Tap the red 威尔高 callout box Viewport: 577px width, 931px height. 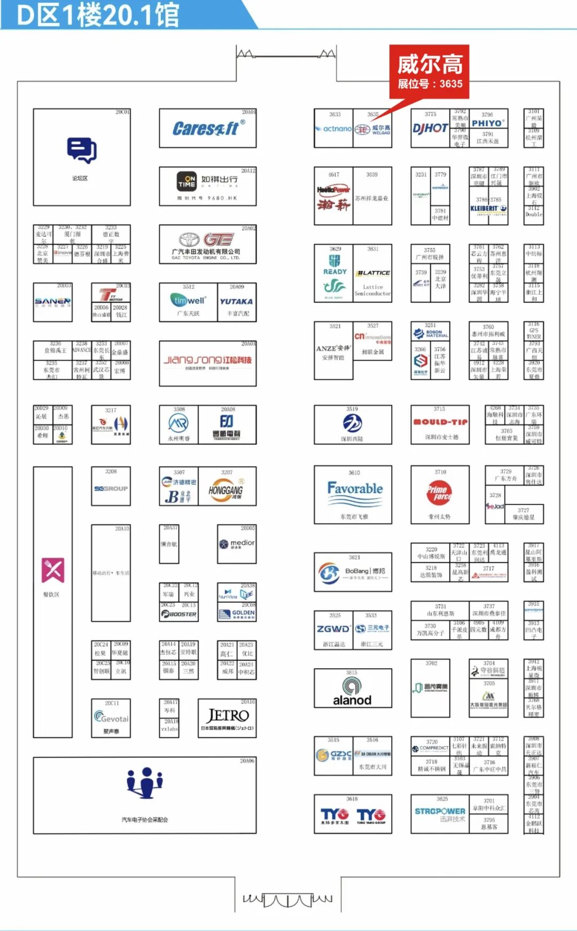pyautogui.click(x=429, y=72)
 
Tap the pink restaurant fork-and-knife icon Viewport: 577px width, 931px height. pyautogui.click(x=53, y=570)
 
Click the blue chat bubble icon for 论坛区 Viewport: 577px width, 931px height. pyautogui.click(x=82, y=150)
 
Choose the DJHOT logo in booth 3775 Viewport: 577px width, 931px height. pyautogui.click(x=430, y=128)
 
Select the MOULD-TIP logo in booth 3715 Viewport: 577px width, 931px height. pyautogui.click(x=440, y=422)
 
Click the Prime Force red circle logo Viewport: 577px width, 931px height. pyautogui.click(x=439, y=492)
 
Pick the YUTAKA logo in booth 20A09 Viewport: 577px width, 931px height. pyautogui.click(x=236, y=301)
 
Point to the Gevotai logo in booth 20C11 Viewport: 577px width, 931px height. pyautogui.click(x=111, y=718)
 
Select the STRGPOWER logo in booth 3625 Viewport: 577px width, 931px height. pyautogui.click(x=440, y=811)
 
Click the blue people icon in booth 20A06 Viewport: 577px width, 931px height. pyautogui.click(x=145, y=783)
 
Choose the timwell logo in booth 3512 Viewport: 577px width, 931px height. pyautogui.click(x=188, y=300)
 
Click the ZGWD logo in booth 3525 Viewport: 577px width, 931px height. pyautogui.click(x=333, y=629)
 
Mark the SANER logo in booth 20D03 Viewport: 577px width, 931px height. pyautogui.click(x=52, y=302)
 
